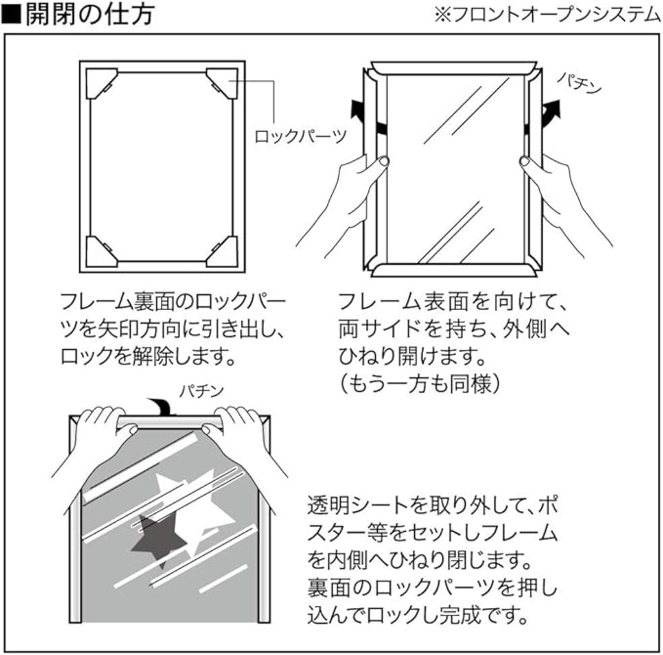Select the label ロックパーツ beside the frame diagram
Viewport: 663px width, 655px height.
(300, 136)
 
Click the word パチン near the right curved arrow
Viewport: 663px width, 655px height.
(580, 83)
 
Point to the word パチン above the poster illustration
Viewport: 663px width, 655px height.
(201, 390)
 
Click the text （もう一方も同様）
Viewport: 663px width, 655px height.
(420, 385)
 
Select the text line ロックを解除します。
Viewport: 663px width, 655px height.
(145, 357)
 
